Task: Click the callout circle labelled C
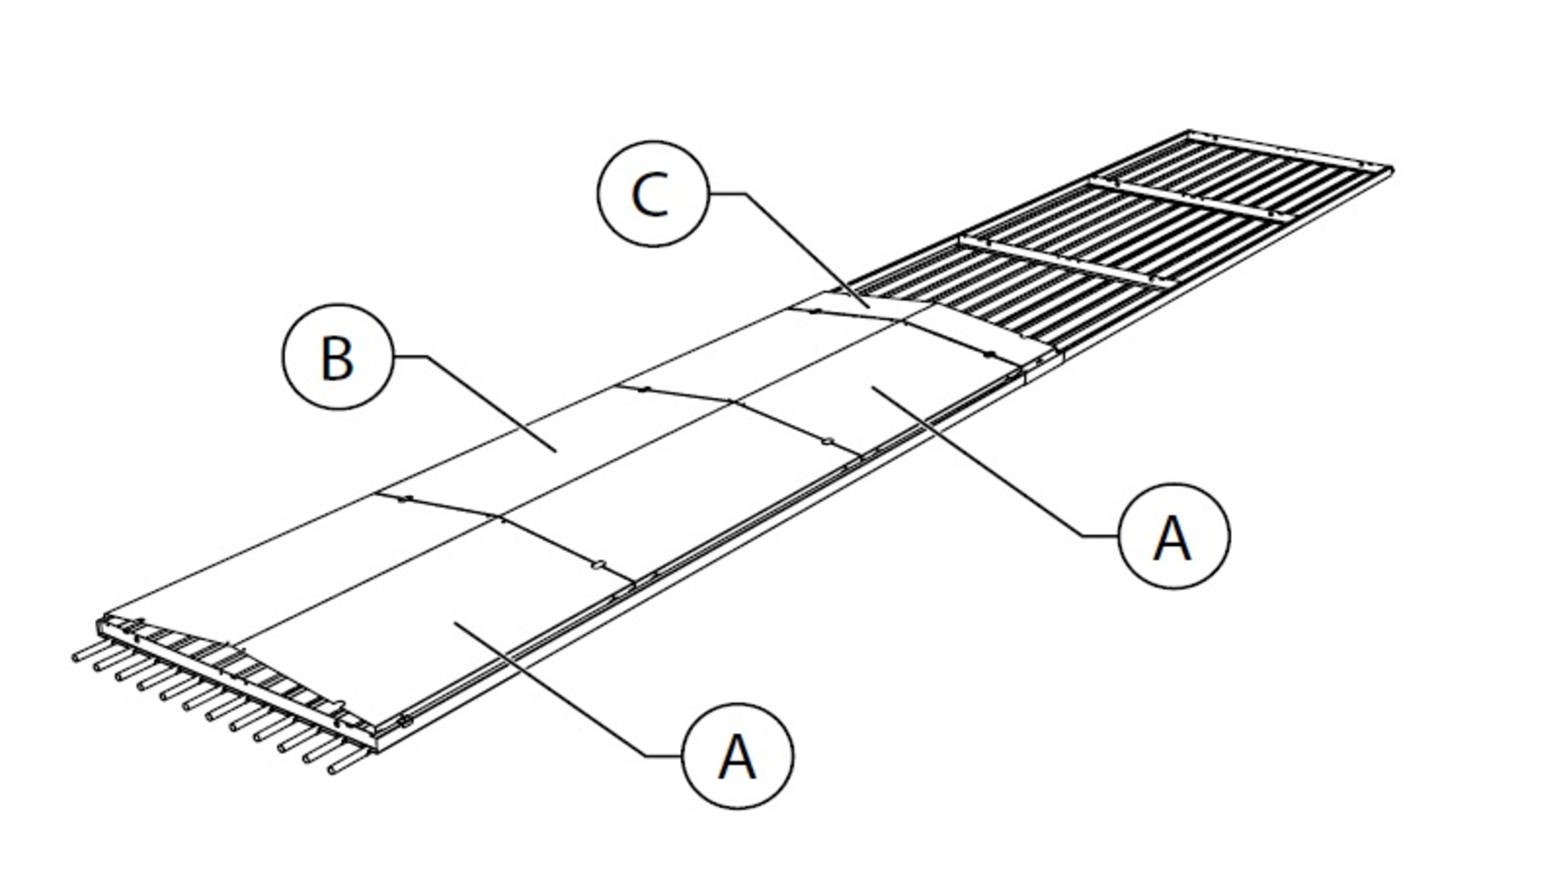[653, 194]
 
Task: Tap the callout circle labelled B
[338, 357]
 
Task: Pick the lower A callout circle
[738, 756]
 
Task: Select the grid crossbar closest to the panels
[1064, 262]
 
